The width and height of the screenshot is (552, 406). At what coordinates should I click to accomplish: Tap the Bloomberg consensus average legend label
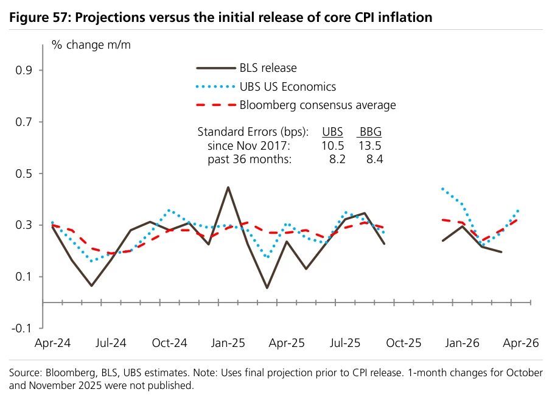tap(318, 105)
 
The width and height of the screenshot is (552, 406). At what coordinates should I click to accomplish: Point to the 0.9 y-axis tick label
tap(24, 71)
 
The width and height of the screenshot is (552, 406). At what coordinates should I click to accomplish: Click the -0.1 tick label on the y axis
tap(21, 328)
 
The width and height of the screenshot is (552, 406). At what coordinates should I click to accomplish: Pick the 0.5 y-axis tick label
tap(24, 173)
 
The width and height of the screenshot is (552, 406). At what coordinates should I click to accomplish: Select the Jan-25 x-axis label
tap(228, 343)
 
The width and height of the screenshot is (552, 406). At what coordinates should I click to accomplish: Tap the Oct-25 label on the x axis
tap(404, 343)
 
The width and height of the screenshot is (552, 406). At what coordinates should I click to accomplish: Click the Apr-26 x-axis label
tap(521, 343)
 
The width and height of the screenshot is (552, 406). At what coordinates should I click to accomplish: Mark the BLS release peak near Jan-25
tap(228, 187)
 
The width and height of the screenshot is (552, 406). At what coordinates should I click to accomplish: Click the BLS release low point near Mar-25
tap(267, 288)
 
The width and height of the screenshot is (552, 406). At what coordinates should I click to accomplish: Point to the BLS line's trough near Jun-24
tap(91, 285)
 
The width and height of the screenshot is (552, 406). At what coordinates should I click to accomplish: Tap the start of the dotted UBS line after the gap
tap(442, 189)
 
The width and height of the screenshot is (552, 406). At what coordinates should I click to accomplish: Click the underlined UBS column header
tap(332, 131)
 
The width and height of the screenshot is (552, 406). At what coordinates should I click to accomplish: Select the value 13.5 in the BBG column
tap(369, 145)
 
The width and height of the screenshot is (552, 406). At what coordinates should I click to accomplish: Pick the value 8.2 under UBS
tap(337, 159)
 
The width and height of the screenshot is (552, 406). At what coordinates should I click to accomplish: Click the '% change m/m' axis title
tap(91, 45)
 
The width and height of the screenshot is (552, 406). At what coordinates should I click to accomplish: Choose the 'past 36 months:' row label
tap(250, 159)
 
